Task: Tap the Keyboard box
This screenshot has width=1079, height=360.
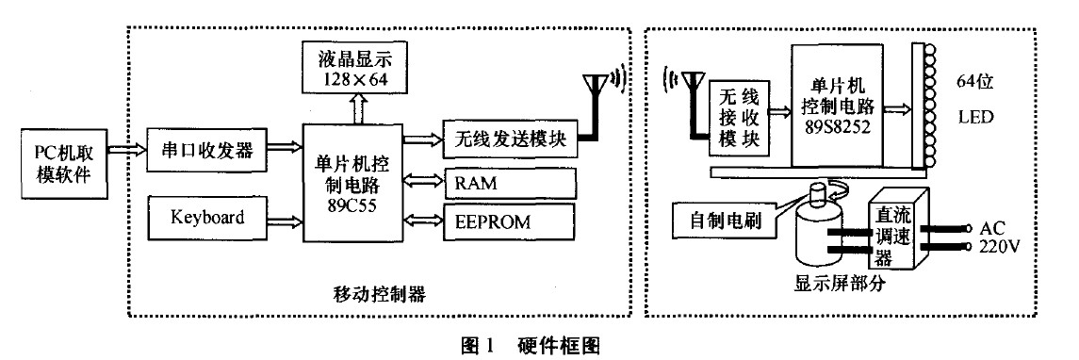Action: tap(207, 219)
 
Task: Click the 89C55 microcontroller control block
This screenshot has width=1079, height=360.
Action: tap(353, 181)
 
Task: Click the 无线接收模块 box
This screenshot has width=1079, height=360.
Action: tap(739, 118)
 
